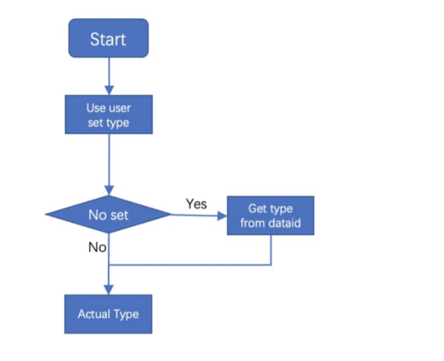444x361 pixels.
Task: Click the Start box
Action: coord(108,39)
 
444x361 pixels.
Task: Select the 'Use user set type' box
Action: coord(108,114)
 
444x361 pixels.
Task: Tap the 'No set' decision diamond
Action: coord(108,214)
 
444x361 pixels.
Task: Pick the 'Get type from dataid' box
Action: coord(271,215)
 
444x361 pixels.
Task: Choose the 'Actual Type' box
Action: coord(108,314)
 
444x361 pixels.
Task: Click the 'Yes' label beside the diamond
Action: coord(196,204)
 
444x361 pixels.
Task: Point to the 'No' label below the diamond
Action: coord(97,247)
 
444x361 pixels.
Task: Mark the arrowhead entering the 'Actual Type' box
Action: coord(108,290)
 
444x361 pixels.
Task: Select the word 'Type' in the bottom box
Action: coord(126,314)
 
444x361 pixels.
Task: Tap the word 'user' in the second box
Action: coord(119,108)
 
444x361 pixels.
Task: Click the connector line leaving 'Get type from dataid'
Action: coord(271,251)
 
